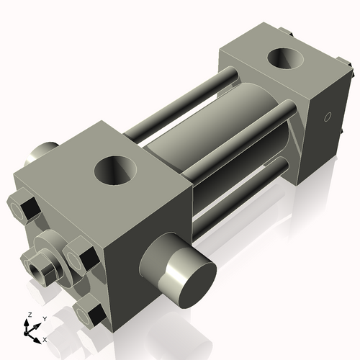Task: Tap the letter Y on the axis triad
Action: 44,318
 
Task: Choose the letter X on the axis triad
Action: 45,338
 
